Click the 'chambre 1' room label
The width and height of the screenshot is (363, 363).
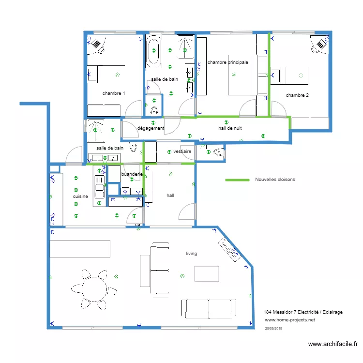[x=114, y=93]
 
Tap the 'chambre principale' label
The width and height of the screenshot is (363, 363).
[x=227, y=62]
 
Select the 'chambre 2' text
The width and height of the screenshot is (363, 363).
[x=297, y=95]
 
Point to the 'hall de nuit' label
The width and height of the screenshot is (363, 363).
[x=230, y=128]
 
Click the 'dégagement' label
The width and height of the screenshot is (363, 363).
[x=151, y=128]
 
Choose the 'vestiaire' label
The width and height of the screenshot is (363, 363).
[x=182, y=151]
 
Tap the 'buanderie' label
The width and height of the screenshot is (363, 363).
[x=132, y=174]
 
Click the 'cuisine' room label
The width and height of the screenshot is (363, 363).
[x=80, y=197]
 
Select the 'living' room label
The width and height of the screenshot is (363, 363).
[x=191, y=254]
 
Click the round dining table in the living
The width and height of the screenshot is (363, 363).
[x=94, y=289]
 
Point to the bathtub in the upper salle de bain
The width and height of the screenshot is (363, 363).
[x=154, y=51]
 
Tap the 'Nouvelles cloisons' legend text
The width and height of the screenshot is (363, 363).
[x=275, y=180]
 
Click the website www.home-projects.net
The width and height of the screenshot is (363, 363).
[x=290, y=320]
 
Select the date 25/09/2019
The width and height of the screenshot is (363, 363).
[x=274, y=328]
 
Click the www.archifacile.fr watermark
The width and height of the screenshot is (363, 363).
[x=333, y=344]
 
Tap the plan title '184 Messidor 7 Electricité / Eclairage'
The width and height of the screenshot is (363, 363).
[x=303, y=312]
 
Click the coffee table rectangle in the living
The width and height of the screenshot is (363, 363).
[x=207, y=273]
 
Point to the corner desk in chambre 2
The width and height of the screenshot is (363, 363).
[x=320, y=45]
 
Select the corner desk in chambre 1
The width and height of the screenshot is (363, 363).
[x=96, y=44]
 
